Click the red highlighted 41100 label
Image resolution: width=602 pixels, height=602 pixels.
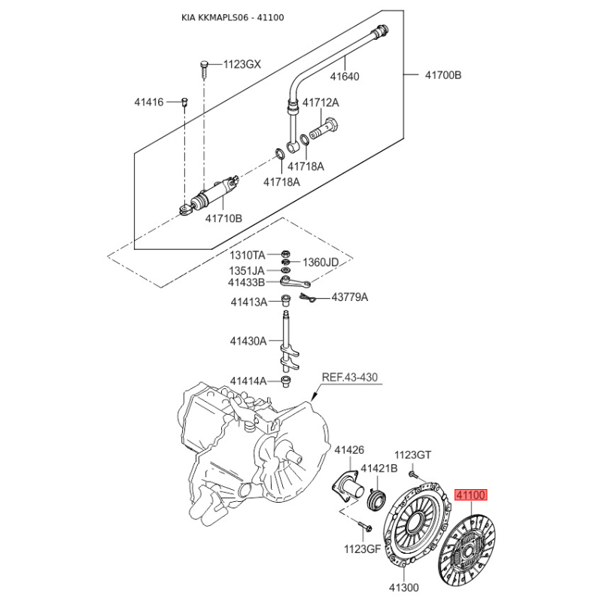coord(471,495)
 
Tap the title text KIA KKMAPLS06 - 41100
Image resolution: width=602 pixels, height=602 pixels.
coord(233,17)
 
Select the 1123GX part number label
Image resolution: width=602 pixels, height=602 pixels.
coord(242,64)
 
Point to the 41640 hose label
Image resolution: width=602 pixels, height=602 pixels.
coord(345,77)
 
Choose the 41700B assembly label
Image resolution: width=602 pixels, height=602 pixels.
coord(443,74)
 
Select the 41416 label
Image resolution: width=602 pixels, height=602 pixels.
coord(149,102)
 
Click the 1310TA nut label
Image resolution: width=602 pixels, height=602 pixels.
coord(248,255)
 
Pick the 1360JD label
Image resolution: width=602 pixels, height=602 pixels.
coord(321,263)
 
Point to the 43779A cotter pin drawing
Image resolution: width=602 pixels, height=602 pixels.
coord(307,298)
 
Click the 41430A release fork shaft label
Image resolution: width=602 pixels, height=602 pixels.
coord(248,341)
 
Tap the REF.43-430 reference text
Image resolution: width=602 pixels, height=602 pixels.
coord(349,378)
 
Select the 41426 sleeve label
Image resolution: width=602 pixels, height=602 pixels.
coord(349,449)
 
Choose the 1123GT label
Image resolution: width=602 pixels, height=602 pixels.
coord(413,455)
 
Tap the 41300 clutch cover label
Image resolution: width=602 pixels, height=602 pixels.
coord(404,588)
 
